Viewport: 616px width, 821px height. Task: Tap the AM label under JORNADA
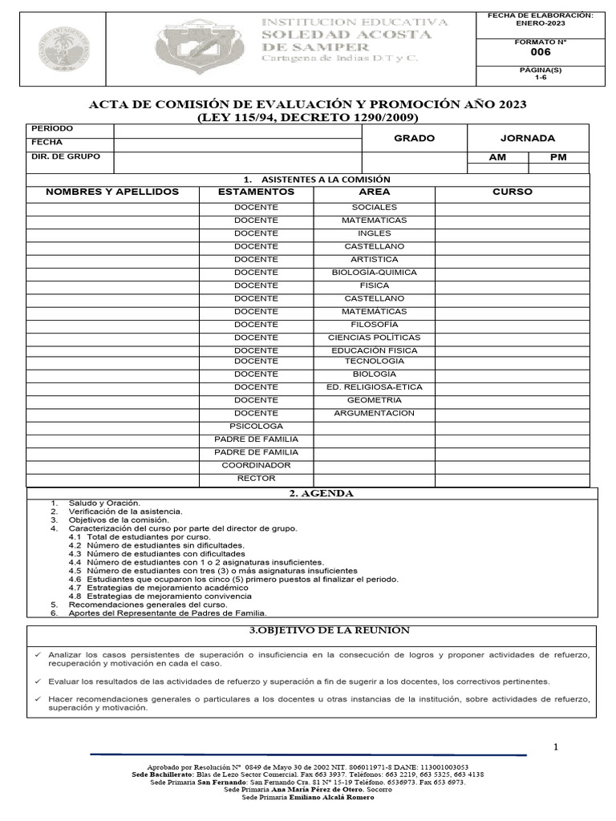(x=497, y=157)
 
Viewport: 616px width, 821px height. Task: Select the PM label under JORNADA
(x=558, y=157)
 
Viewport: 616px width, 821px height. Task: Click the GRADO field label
(x=414, y=138)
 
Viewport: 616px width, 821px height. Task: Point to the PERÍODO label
(x=52, y=129)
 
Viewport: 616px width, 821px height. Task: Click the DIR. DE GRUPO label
(x=66, y=156)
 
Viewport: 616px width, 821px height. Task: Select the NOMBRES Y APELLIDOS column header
(x=112, y=192)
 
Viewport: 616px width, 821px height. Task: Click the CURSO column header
(x=513, y=192)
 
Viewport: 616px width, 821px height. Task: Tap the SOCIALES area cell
(x=374, y=207)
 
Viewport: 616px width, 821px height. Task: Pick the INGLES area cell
(x=374, y=233)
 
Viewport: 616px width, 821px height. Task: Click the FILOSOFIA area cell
(x=374, y=325)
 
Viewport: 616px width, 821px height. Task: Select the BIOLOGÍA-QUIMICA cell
(x=374, y=273)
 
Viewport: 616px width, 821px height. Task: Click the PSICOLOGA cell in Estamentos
(x=256, y=427)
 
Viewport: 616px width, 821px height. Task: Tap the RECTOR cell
(x=256, y=479)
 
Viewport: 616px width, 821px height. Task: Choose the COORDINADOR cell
(x=256, y=466)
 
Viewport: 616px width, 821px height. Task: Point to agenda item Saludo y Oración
(x=104, y=503)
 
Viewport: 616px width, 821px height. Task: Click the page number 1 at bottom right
(x=555, y=747)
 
